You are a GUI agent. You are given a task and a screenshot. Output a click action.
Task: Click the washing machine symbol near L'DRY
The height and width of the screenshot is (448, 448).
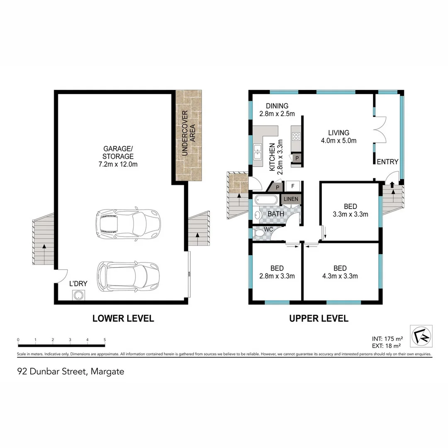coord(78,295)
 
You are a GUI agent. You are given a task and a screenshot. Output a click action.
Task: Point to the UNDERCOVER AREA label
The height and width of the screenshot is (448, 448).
coord(188,132)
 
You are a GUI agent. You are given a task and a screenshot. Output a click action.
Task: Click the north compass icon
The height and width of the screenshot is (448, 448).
coord(421,336)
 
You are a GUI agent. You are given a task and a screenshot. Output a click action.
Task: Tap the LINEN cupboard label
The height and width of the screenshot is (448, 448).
coord(291,200)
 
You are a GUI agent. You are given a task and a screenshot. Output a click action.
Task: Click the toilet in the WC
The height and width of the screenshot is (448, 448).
coord(260,235)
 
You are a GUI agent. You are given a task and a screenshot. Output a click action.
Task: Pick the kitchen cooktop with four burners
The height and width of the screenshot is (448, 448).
coord(296,136)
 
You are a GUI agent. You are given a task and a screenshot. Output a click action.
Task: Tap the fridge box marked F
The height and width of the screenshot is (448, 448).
coord(293,186)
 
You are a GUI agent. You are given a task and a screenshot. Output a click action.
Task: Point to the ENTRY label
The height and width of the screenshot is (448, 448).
coord(387,162)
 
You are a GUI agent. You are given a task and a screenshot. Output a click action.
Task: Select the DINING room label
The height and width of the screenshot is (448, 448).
coord(277,106)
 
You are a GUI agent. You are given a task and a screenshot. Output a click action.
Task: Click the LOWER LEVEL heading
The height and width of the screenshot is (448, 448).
coord(123,319)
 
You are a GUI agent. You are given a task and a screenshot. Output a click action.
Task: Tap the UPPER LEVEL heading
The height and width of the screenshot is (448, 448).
coord(318,319)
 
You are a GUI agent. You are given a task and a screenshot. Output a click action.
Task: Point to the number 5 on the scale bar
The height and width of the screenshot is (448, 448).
coord(105,340)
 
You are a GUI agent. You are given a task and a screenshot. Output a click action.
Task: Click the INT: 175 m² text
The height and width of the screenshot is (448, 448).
coord(386,338)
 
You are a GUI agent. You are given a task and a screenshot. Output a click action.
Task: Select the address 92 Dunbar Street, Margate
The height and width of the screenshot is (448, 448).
coord(71,371)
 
